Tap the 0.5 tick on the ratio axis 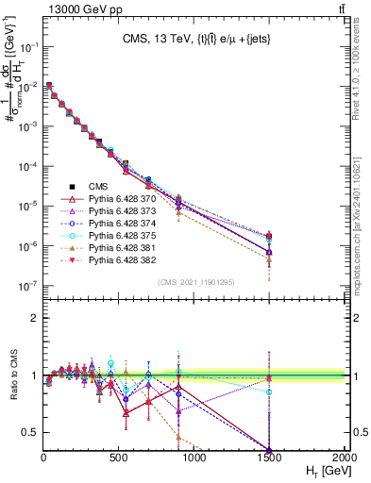[30, 432]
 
